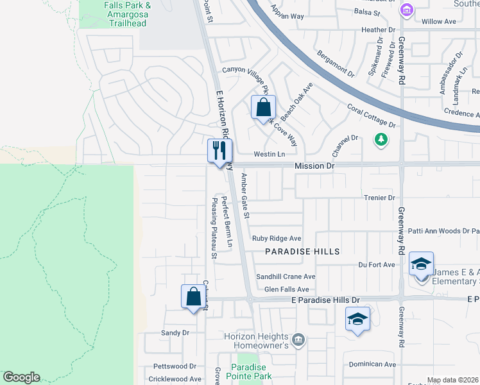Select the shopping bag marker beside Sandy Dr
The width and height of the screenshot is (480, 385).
click(193, 296)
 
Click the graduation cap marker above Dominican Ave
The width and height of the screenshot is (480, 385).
click(357, 319)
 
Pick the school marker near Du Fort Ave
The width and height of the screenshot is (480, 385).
click(421, 264)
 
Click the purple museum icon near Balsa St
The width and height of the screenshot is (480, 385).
click(406, 10)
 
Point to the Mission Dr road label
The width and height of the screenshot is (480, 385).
click(315, 166)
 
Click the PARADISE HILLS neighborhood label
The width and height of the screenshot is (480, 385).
click(302, 252)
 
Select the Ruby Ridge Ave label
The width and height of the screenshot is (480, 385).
click(277, 238)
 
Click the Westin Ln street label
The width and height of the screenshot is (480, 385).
click(269, 155)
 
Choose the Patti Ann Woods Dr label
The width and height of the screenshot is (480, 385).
click(444, 230)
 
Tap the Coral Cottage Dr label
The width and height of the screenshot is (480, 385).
click(372, 116)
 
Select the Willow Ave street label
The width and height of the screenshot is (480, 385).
click(439, 21)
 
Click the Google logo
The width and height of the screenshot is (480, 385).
click(21, 377)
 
